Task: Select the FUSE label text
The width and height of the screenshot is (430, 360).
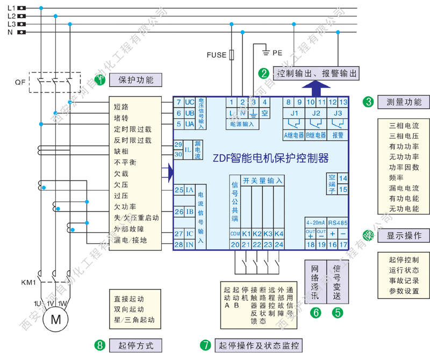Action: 217,55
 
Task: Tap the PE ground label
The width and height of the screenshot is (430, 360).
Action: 277,53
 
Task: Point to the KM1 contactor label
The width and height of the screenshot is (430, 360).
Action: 28,282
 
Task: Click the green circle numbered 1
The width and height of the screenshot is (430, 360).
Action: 99,80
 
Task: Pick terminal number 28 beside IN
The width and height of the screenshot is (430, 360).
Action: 178,245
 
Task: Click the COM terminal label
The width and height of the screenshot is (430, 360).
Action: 234,234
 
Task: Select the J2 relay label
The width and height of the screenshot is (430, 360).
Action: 316,113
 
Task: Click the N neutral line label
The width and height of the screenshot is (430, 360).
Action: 10,32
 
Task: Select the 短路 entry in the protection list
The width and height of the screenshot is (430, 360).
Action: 121,107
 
